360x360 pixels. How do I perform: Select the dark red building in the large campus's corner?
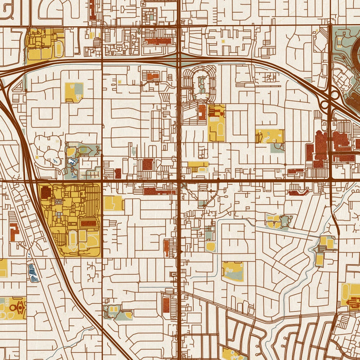tap(46, 193)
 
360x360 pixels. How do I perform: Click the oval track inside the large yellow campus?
tap(73, 238)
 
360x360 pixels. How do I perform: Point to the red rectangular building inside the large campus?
tap(88, 224)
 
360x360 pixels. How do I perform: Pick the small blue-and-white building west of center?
tap(71, 163)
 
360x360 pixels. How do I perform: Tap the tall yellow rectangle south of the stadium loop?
tap(217, 123)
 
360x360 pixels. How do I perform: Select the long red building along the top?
tap(159, 40)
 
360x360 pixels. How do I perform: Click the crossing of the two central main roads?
tap(178, 181)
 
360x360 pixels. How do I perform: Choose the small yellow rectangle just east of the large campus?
tap(113, 203)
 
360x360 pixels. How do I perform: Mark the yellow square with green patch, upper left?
tap(74, 92)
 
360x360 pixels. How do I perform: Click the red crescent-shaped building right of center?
tap(298, 193)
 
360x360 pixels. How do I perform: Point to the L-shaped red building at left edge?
tap(13, 232)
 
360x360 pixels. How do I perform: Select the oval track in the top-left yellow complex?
tap(59, 49)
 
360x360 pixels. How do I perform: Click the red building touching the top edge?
tap(92, 9)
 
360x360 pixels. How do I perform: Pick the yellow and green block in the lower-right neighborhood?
tap(232, 271)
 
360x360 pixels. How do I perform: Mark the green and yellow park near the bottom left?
tap(119, 312)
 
